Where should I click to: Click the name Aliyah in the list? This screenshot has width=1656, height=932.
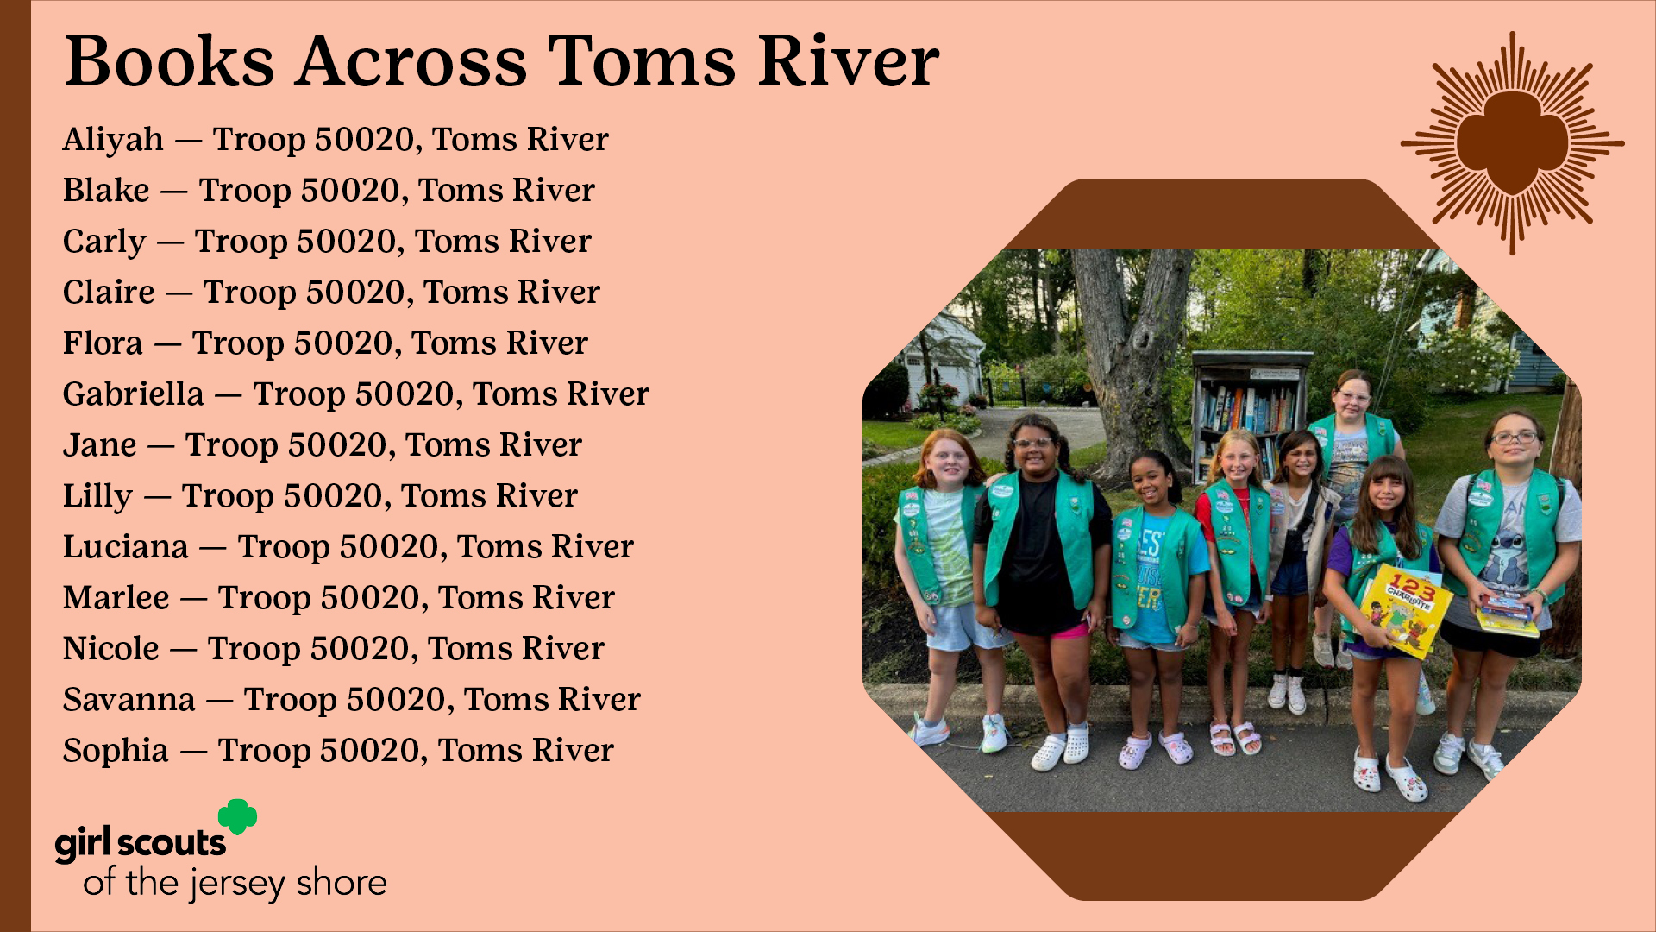(x=113, y=140)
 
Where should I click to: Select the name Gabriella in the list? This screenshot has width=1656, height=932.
(x=134, y=394)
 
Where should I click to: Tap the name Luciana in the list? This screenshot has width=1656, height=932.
(x=126, y=547)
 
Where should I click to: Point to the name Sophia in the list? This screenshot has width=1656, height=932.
(x=116, y=751)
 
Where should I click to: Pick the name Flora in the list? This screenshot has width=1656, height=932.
(x=103, y=343)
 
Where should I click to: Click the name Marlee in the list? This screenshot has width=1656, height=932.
(x=116, y=598)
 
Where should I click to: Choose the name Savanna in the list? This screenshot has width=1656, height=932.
(x=129, y=700)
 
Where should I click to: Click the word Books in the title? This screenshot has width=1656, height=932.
(x=169, y=62)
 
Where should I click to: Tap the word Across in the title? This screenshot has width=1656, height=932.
(x=411, y=62)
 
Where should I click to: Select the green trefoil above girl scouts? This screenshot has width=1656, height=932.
(x=237, y=816)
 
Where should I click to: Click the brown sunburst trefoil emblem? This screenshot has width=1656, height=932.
(x=1512, y=143)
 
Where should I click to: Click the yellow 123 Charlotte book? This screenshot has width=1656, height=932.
(x=1406, y=609)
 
